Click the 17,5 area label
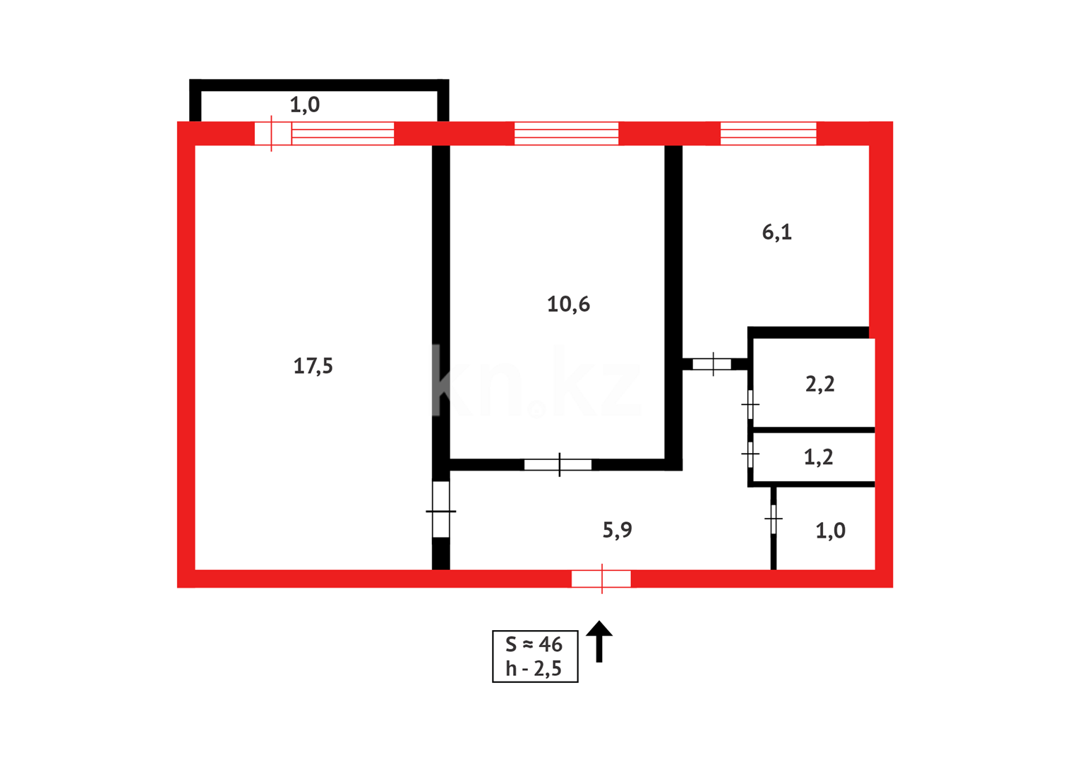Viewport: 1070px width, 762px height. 313,366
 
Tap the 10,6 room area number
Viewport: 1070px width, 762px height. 568,304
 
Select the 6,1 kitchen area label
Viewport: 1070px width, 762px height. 776,232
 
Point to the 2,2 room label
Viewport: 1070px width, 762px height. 819,384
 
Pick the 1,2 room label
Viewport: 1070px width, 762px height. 818,457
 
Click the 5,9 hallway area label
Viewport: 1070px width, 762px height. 617,530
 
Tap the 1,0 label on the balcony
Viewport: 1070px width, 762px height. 304,105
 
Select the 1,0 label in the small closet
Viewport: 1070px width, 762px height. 830,531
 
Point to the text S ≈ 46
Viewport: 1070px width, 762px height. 534,644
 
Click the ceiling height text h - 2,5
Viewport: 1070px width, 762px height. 534,669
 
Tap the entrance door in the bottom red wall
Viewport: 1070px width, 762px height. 601,579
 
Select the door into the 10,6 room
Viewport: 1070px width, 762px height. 558,464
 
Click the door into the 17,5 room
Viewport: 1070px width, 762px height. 440,510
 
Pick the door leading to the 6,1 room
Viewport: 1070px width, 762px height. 712,364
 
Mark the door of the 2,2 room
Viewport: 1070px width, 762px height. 750,404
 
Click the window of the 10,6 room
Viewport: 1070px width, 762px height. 566,133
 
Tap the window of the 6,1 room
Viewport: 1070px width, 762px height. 768,133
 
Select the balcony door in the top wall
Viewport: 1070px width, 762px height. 272,133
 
